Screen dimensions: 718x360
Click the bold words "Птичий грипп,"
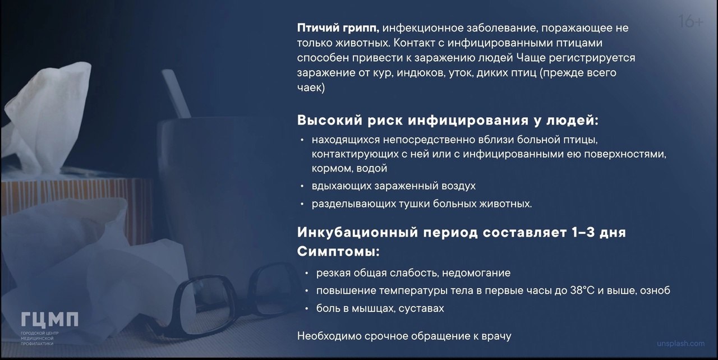point(338,29)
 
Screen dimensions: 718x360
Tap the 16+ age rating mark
point(691,21)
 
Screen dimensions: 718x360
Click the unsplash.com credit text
point(681,344)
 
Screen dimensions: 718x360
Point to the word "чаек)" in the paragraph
point(311,87)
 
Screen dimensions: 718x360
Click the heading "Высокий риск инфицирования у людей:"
point(448,121)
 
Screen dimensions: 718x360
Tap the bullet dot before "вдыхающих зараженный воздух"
point(302,186)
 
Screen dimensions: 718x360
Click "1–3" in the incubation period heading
point(583,232)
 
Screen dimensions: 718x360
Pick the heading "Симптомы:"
point(338,251)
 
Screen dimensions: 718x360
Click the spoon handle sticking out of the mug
point(176,94)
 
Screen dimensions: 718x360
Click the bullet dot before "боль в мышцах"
point(306,309)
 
